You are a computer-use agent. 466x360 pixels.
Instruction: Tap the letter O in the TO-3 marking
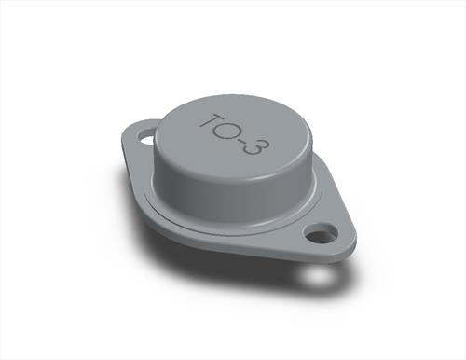pos(232,131)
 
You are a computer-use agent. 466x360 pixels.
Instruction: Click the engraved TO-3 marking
pos(235,134)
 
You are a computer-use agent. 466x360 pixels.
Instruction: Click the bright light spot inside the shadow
pos(318,277)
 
